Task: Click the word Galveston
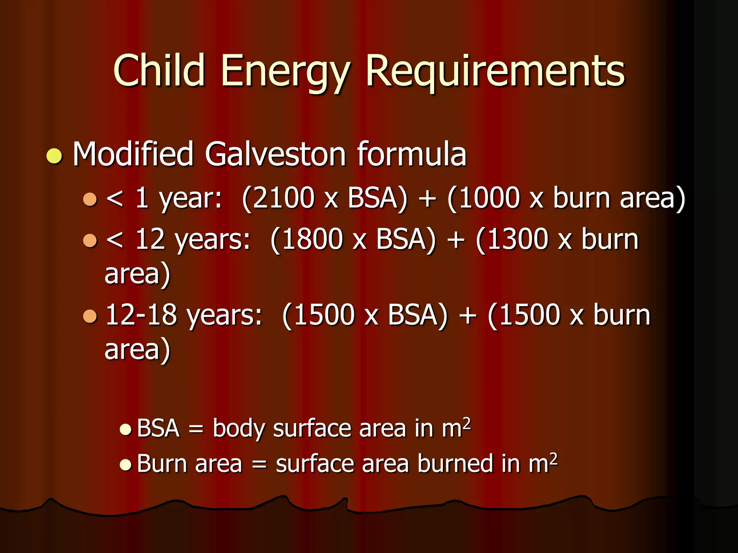click(x=276, y=154)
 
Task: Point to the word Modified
click(x=133, y=154)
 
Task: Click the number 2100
click(x=283, y=198)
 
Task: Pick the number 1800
click(x=312, y=239)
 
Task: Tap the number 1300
click(x=517, y=239)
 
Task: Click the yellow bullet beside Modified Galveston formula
click(x=54, y=156)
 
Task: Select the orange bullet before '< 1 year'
click(x=90, y=199)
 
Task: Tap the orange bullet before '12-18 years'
click(x=90, y=316)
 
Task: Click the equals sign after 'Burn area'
click(x=259, y=464)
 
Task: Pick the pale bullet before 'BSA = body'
click(x=125, y=429)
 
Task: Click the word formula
click(x=412, y=154)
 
